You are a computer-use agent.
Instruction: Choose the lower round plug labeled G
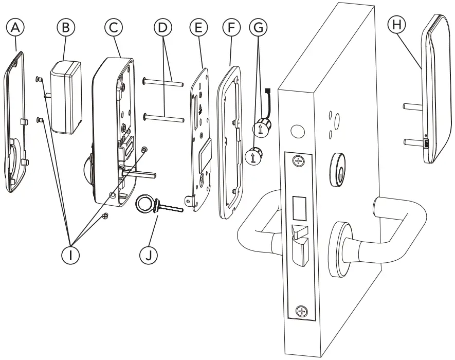[x=253, y=155]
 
